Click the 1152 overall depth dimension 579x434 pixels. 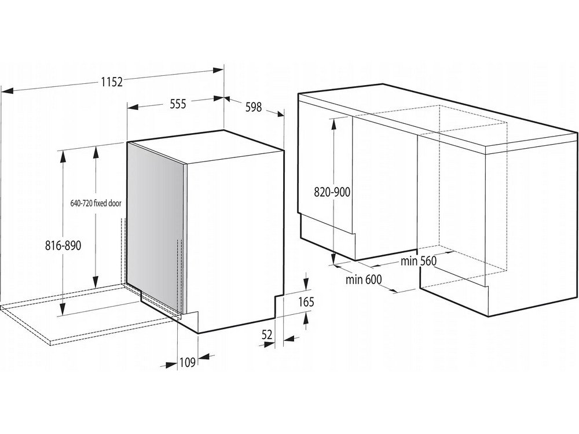pyautogui.click(x=112, y=82)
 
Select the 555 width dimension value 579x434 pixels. pyautogui.click(x=178, y=104)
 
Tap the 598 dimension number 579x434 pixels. pyautogui.click(x=254, y=107)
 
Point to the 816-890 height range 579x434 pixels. pyautogui.click(x=63, y=245)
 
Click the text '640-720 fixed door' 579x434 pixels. pyautogui.click(x=96, y=203)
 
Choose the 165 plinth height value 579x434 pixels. pyautogui.click(x=306, y=302)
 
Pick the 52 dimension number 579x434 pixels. pyautogui.click(x=266, y=334)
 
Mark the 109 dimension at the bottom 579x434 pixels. pyautogui.click(x=187, y=363)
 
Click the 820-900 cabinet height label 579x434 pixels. pyautogui.click(x=332, y=192)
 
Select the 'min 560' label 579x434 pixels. pyautogui.click(x=419, y=262)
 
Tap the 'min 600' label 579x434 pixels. pyautogui.click(x=364, y=279)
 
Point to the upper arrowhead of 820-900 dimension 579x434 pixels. pyautogui.click(x=334, y=123)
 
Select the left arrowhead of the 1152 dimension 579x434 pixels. pyautogui.click(x=8, y=90)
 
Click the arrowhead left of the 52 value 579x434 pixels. pyautogui.click(x=269, y=344)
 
